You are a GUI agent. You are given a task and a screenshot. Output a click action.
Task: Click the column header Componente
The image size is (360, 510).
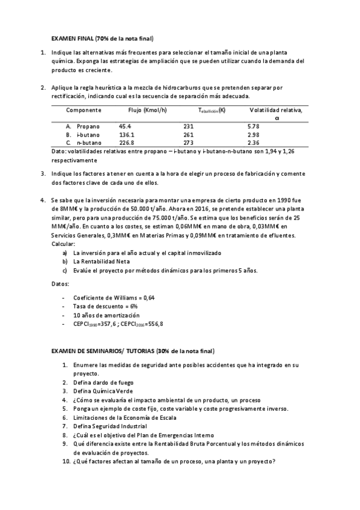click(x=84, y=111)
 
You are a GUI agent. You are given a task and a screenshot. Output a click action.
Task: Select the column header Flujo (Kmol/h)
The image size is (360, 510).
click(x=148, y=111)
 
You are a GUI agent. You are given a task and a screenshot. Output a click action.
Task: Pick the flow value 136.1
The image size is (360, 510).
click(x=126, y=135)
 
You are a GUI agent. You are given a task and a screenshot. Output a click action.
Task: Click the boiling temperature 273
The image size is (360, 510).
click(x=188, y=143)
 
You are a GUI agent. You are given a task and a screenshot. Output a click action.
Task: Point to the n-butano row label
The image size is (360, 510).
click(x=88, y=143)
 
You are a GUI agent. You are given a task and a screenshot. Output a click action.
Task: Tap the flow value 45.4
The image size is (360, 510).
click(x=124, y=127)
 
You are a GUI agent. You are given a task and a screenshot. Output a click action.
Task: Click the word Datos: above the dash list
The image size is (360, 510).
click(x=60, y=283)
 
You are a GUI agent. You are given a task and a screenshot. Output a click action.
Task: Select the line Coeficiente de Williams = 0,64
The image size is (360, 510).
click(x=114, y=298)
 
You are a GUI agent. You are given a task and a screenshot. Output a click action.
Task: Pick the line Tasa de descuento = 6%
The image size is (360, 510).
click(x=105, y=307)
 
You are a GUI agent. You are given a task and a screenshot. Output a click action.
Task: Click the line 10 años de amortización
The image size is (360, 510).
click(x=106, y=315)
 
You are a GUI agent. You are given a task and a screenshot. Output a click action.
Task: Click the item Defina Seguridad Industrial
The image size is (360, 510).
click(x=110, y=426)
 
